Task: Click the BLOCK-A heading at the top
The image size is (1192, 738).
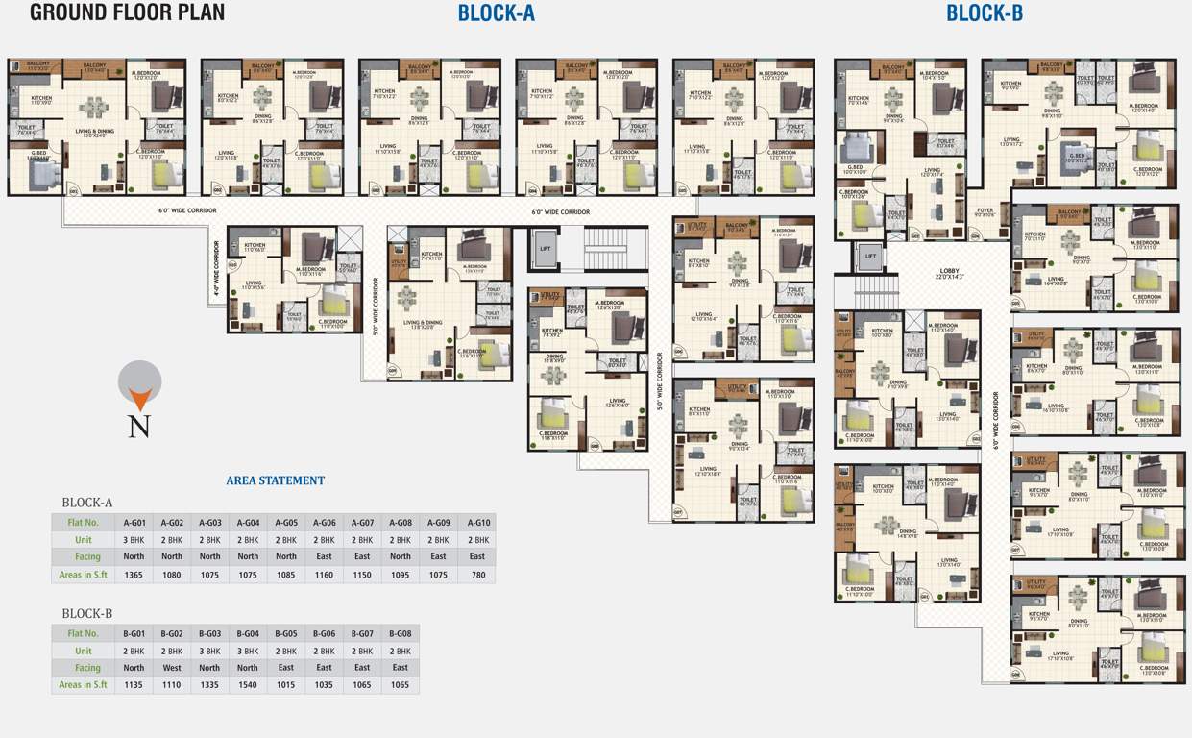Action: (x=496, y=13)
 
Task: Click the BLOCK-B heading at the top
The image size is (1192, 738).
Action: (x=985, y=13)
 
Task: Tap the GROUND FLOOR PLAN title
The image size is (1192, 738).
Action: (x=128, y=12)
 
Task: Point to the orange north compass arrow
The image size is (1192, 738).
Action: (x=139, y=398)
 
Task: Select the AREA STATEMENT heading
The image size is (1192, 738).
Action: (x=276, y=480)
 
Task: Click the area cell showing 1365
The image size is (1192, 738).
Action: (x=134, y=574)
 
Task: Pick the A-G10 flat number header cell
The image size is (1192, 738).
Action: (x=477, y=523)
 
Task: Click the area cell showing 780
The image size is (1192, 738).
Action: (x=477, y=574)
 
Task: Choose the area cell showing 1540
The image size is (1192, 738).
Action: (x=248, y=685)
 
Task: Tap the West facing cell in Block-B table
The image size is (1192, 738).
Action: (x=172, y=668)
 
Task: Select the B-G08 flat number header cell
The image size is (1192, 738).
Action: (x=401, y=634)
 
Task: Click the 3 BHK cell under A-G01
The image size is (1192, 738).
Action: (x=134, y=540)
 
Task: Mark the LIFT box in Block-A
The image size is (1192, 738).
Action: (x=546, y=248)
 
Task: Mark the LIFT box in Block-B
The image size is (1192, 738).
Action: (x=870, y=257)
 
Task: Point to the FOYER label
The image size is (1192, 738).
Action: (x=985, y=211)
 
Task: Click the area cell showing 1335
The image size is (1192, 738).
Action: (x=209, y=685)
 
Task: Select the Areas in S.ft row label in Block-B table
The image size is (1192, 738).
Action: (x=84, y=685)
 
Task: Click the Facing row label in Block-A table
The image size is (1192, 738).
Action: (x=84, y=556)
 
